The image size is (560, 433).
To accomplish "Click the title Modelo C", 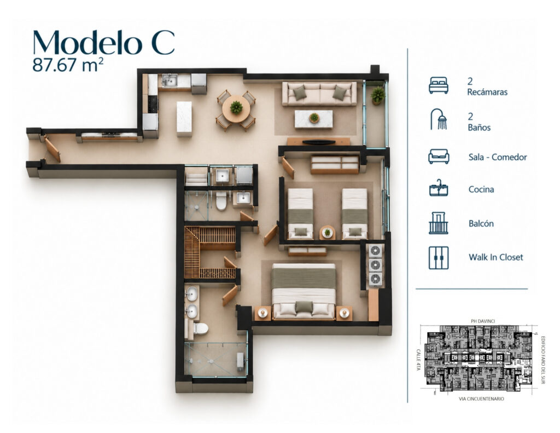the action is (x=103, y=42).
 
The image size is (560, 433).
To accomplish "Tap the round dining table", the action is (x=236, y=108).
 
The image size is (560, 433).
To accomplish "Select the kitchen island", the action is (x=184, y=119).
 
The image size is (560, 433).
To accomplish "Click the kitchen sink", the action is (x=170, y=80).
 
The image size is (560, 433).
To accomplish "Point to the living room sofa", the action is (x=319, y=94).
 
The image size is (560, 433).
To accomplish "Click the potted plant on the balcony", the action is (x=377, y=95).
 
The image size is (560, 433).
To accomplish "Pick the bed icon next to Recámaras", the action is (x=439, y=85).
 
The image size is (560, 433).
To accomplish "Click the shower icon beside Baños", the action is (x=439, y=119).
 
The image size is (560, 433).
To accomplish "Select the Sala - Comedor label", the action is (x=498, y=157).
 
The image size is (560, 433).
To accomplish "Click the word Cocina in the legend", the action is (x=481, y=189).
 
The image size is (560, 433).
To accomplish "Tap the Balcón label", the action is (x=481, y=223).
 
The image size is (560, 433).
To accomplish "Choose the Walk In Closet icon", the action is (x=439, y=257).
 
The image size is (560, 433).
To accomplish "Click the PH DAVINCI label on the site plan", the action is (x=480, y=321).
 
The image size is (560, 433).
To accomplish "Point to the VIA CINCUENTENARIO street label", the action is (x=481, y=399).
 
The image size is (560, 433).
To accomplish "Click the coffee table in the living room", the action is (x=313, y=119).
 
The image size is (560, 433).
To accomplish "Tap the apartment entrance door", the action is (x=52, y=150).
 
